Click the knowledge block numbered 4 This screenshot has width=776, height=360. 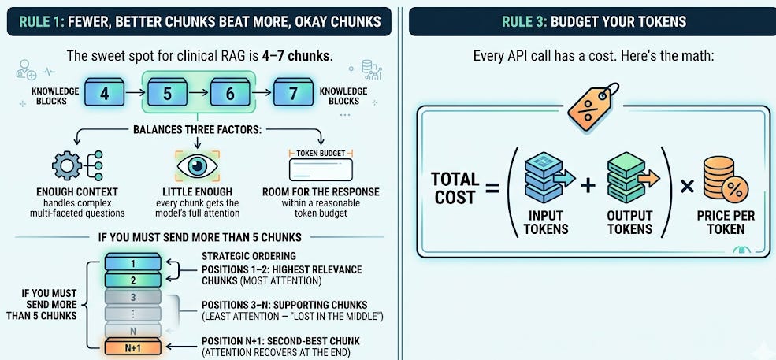pos(105,93)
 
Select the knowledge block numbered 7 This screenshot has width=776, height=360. pos(292,93)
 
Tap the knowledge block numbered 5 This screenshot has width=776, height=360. pos(167,93)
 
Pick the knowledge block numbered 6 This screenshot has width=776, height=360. pos(230,93)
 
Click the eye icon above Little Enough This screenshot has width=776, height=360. pos(198,166)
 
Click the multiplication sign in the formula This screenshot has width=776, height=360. pos(687,187)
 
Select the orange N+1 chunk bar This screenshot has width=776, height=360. pos(133,349)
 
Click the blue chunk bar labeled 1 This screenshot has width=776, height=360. pos(133,262)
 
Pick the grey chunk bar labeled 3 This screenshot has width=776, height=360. pos(133,297)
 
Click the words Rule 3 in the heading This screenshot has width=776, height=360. pos(523,21)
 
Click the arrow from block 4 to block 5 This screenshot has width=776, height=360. pos(136,93)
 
